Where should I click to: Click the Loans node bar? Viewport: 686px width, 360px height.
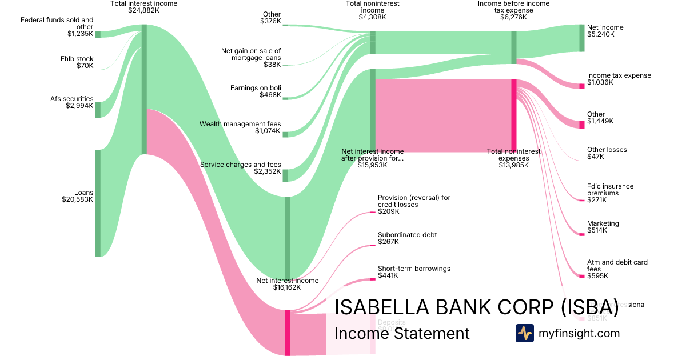(98, 203)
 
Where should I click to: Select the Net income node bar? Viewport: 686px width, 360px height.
(582, 38)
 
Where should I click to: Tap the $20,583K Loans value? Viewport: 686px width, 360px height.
(77, 200)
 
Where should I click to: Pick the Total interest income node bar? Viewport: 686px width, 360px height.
(144, 89)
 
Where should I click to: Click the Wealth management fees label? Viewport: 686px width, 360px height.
(240, 124)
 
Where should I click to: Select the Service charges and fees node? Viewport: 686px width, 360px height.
(286, 175)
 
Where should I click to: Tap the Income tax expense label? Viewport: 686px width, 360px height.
(619, 75)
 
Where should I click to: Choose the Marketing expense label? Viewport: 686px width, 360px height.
(603, 223)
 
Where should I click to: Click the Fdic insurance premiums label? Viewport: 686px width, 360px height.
(610, 190)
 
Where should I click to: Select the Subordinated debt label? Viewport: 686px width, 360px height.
(407, 235)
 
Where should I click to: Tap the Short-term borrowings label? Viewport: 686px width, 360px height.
(414, 269)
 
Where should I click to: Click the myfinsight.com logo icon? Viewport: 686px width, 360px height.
(524, 333)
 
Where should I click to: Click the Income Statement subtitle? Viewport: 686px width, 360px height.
(401, 333)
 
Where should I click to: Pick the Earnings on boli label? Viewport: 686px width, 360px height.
(256, 88)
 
